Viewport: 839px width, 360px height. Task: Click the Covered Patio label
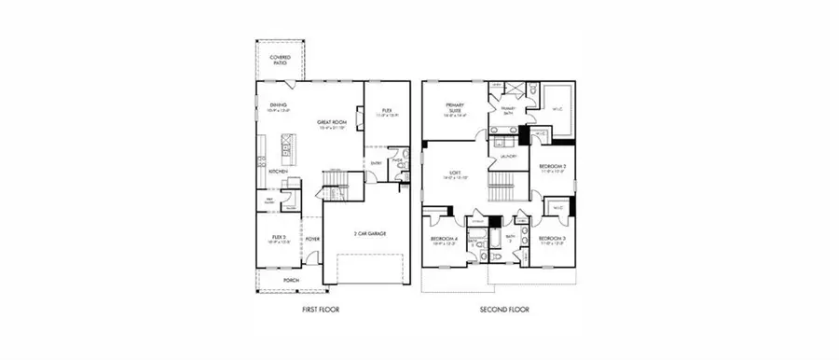[x=280, y=60]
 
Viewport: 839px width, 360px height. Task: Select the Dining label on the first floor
[x=278, y=105]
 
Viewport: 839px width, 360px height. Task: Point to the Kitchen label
[x=278, y=172]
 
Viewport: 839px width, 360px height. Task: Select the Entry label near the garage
[x=376, y=164]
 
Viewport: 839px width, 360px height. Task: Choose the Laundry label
[x=508, y=158]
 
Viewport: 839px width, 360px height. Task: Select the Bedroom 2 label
[x=553, y=166]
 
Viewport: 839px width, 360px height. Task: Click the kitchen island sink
[x=285, y=146]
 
